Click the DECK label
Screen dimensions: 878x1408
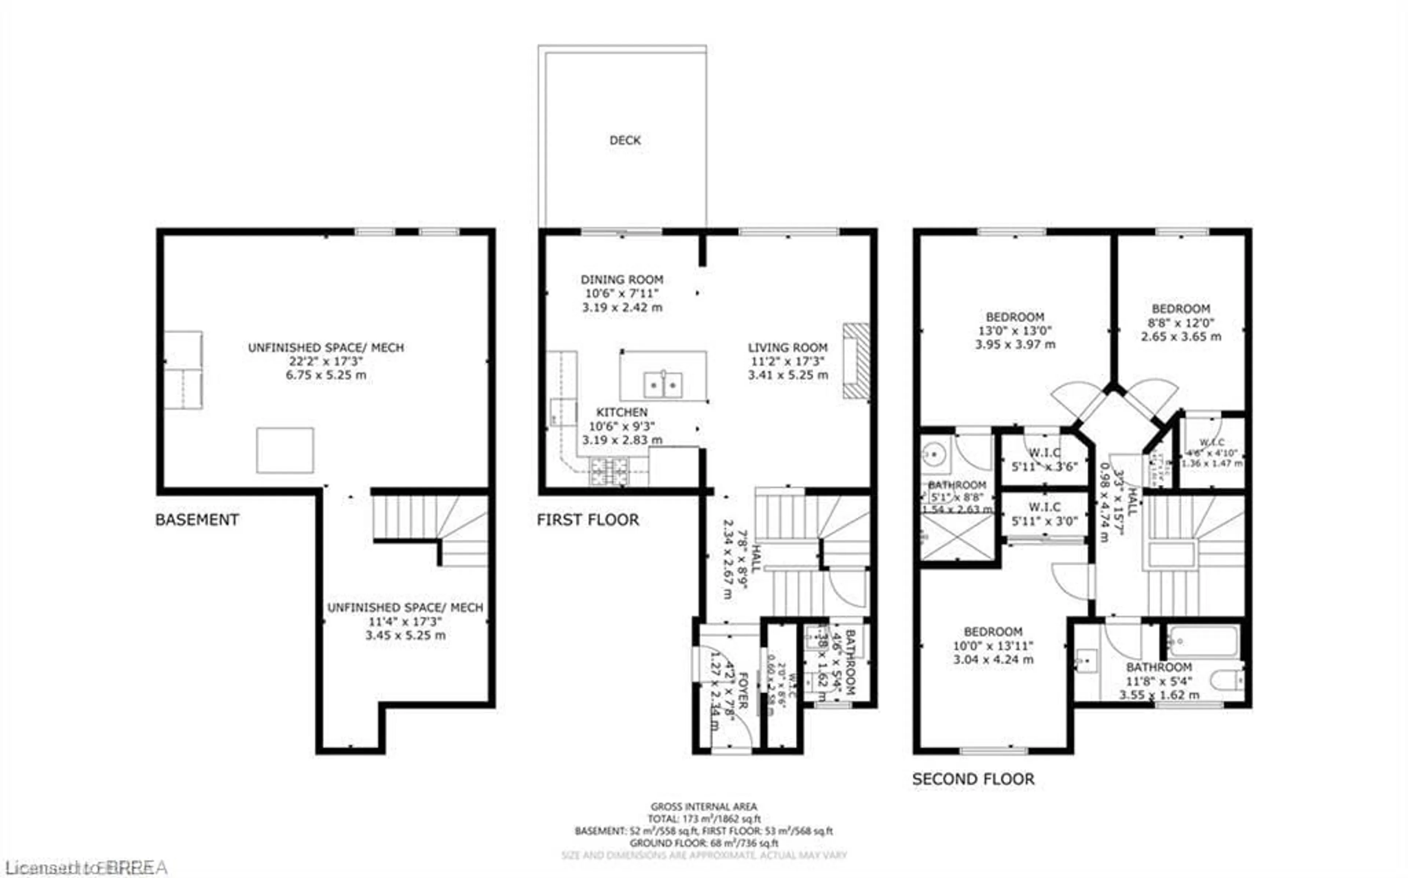click(x=625, y=140)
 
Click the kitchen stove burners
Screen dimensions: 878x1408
click(x=609, y=471)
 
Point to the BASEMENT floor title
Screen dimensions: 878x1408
click(x=197, y=520)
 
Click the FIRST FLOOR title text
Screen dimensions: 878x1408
click(x=588, y=520)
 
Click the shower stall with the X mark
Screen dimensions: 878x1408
click(x=956, y=536)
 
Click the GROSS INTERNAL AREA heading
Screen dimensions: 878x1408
click(x=703, y=807)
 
